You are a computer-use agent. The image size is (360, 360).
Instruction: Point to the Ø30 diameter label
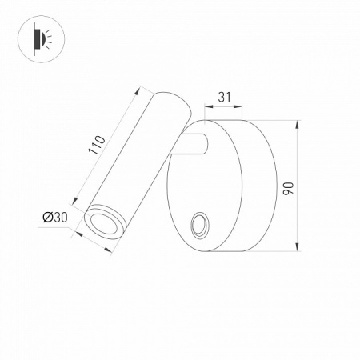(x=57, y=217)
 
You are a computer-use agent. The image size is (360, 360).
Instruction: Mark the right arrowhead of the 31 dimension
(x=241, y=106)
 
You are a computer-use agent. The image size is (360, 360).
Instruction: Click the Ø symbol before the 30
(x=47, y=217)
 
